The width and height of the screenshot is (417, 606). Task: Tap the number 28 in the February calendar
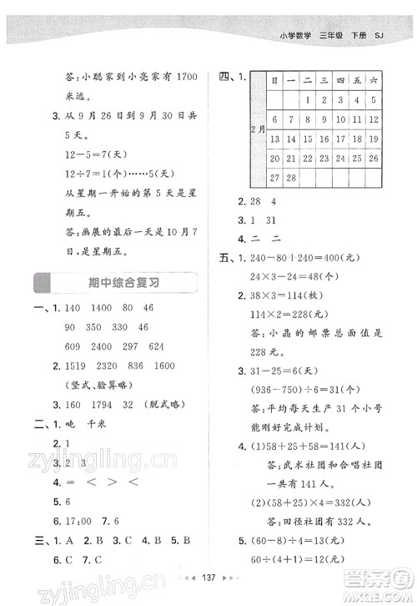(x=293, y=178)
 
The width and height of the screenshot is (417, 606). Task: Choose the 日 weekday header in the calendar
(x=274, y=80)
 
